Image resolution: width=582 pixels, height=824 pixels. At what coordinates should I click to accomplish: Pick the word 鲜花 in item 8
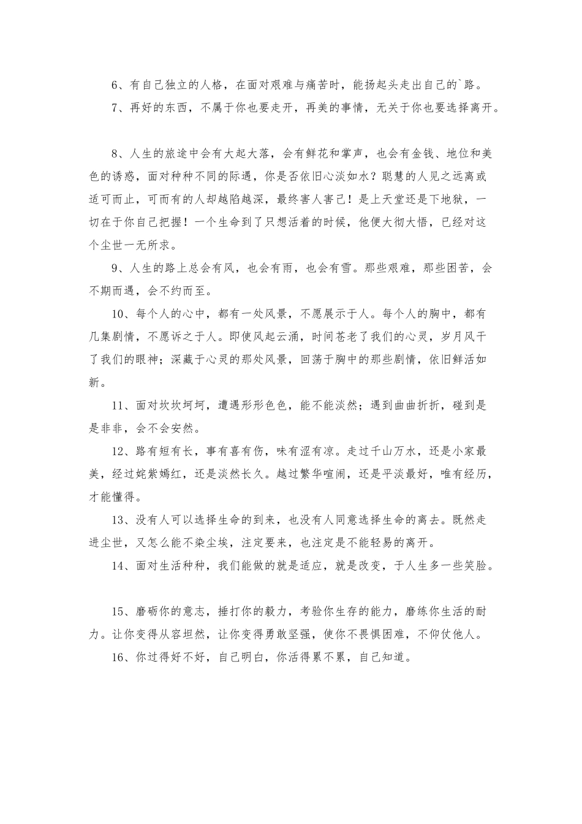click(309, 153)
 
